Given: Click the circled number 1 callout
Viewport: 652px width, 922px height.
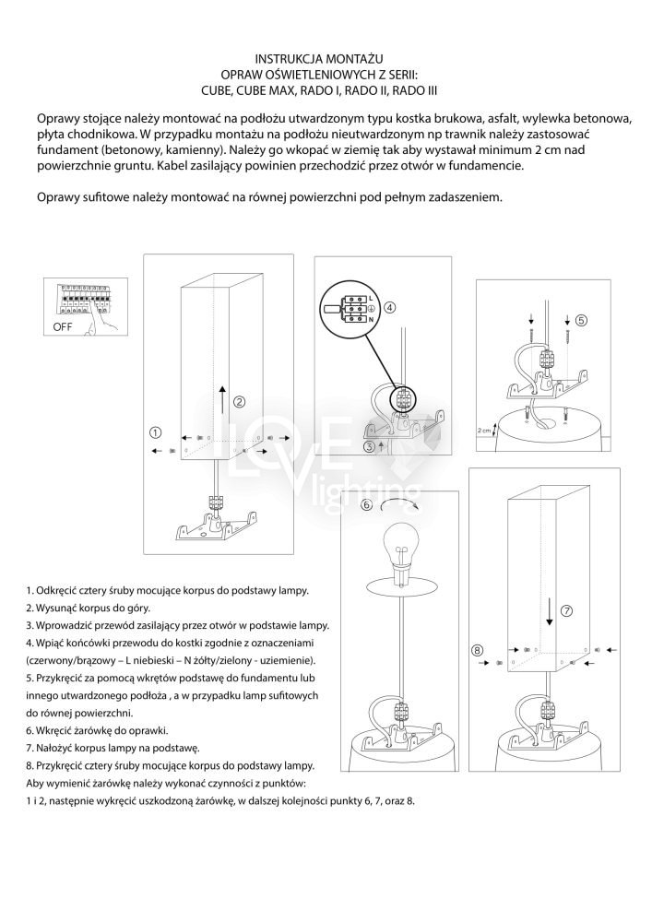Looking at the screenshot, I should [156, 431].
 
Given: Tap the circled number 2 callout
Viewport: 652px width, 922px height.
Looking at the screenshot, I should [239, 401].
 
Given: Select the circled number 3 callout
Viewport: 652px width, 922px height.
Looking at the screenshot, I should [370, 447].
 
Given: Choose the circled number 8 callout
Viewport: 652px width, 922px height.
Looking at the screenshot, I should [477, 650].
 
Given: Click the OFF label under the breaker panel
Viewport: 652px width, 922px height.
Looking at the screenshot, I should [64, 326].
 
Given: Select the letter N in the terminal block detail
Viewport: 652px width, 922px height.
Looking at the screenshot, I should [370, 319].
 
